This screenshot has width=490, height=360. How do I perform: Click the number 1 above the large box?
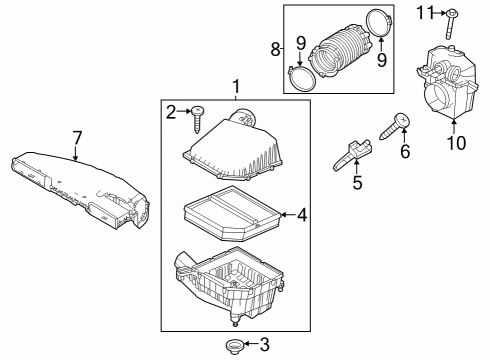click(x=235, y=89)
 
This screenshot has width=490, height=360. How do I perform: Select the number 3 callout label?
click(x=264, y=345)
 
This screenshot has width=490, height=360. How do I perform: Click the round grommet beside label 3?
click(x=236, y=345)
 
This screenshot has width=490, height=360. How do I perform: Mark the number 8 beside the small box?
click(x=275, y=47)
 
